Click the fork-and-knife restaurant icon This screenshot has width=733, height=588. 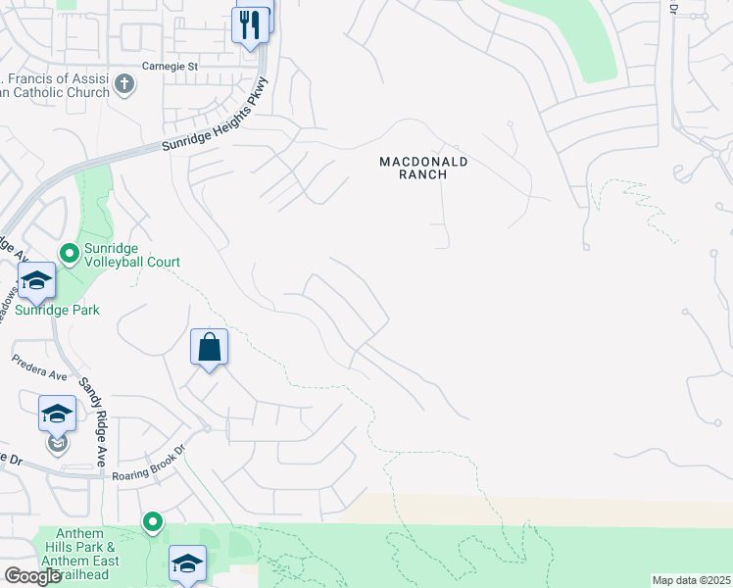point(251,24)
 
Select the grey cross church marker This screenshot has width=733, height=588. point(123,83)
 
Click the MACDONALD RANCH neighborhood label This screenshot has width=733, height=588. point(424,168)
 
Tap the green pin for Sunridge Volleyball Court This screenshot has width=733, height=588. point(69,254)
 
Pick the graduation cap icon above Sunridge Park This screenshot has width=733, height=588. point(36,281)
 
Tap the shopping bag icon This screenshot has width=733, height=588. point(210,347)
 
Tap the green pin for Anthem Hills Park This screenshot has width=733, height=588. point(152,521)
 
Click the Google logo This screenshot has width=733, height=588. point(31,576)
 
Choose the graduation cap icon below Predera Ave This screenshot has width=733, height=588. point(57,414)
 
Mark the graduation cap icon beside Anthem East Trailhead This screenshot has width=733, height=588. point(187,563)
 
